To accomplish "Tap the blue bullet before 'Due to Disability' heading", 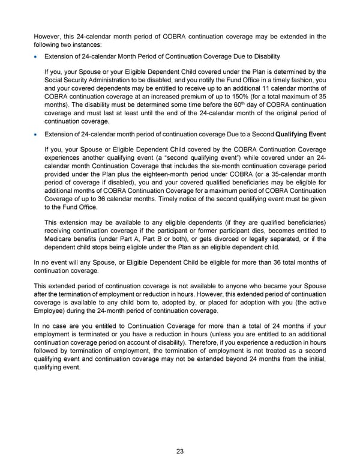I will [36, 56].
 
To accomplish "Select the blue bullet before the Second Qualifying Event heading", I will [36, 135].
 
